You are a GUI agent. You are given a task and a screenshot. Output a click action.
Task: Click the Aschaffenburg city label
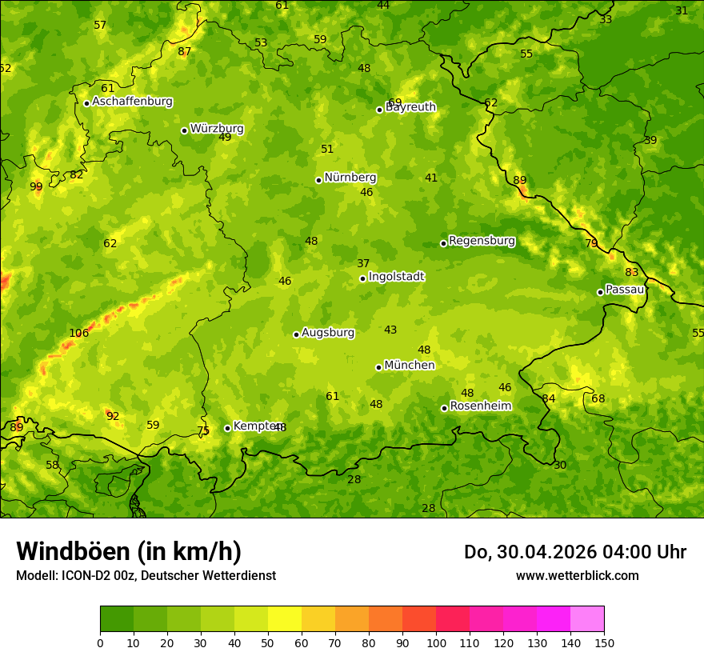(132, 102)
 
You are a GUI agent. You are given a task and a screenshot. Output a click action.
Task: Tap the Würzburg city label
(217, 129)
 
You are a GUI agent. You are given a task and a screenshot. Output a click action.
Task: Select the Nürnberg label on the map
(350, 178)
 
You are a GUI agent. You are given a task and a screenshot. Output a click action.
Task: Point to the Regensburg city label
(482, 241)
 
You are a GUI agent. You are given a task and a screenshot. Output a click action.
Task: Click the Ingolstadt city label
(396, 277)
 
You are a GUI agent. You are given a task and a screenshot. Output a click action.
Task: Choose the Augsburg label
(328, 333)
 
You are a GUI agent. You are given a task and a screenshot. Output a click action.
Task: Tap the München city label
(410, 366)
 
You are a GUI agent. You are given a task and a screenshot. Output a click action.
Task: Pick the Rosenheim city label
(480, 406)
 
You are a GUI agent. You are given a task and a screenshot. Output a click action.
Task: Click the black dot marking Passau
(600, 292)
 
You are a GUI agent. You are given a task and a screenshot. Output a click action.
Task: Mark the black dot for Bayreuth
(379, 110)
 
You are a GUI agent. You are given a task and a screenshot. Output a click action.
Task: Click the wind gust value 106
(78, 334)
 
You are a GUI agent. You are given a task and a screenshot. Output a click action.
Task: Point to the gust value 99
(36, 187)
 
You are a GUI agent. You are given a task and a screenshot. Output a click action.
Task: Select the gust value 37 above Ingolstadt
(363, 264)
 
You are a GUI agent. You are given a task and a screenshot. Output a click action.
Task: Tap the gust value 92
(113, 417)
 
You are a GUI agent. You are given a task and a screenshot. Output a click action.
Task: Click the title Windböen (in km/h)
(129, 551)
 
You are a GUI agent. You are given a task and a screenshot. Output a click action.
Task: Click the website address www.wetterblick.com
(578, 576)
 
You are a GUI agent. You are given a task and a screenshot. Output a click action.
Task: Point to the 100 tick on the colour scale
(436, 642)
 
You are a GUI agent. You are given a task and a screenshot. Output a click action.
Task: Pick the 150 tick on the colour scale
(604, 642)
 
